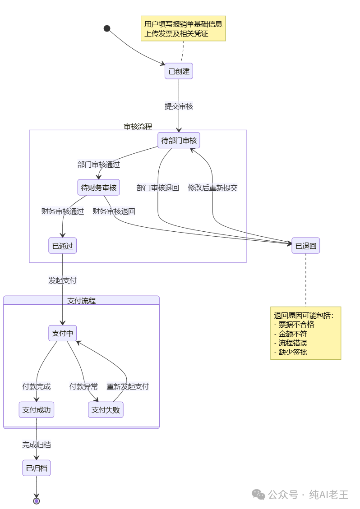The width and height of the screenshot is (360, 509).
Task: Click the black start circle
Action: [x=107, y=28]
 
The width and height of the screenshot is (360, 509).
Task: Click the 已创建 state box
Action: [x=179, y=71]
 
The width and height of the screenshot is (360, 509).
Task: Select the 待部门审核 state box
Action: [x=179, y=140]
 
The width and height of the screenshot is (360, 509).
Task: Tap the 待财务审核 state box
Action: [x=98, y=187]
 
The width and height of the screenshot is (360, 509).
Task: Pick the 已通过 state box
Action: [x=62, y=245]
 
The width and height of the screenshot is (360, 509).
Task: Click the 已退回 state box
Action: [x=306, y=245]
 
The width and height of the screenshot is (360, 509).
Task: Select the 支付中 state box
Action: [x=62, y=333]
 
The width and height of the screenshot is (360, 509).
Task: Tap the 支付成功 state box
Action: [x=37, y=410]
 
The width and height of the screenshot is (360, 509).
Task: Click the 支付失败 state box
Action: [x=106, y=410]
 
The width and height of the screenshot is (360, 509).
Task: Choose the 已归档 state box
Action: [x=37, y=468]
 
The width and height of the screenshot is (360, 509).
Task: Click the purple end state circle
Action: [x=37, y=501]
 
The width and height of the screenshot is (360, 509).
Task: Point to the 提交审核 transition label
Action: [x=179, y=106]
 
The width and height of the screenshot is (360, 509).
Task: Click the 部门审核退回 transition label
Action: [x=158, y=188]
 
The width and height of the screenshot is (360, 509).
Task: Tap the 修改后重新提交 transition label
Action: [x=213, y=188]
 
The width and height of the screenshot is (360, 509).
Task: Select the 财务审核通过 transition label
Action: [x=62, y=211]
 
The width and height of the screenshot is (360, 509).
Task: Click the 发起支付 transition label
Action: [x=62, y=280]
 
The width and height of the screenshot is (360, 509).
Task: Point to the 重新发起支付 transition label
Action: [x=128, y=386]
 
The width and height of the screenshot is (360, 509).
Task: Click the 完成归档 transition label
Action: [x=37, y=445]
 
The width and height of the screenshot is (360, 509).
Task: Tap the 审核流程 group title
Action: [x=138, y=126]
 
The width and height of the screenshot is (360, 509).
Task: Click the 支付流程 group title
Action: [x=81, y=301]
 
